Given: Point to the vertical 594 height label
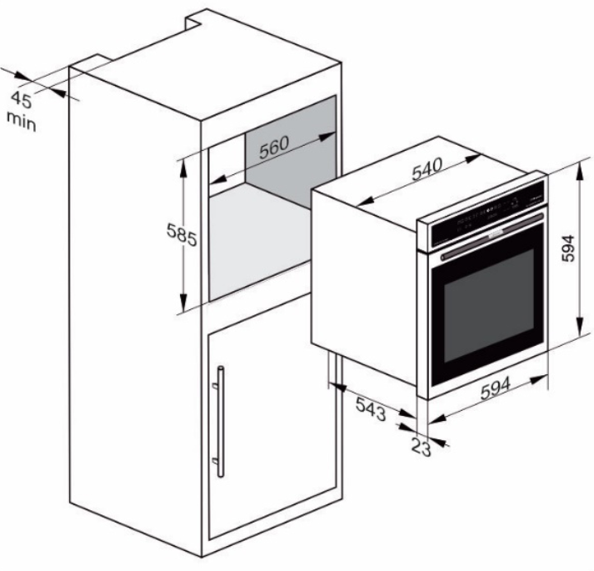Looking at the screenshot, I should pyautogui.click(x=568, y=248).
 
